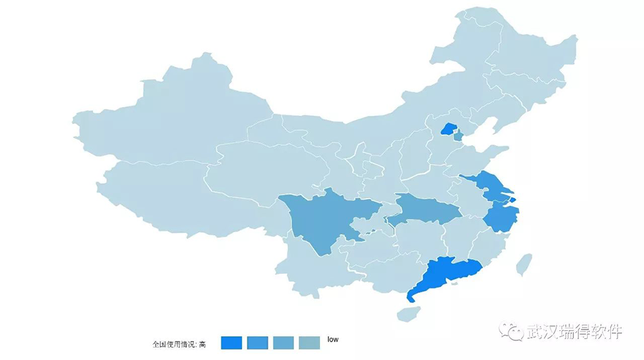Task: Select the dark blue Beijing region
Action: (448, 128)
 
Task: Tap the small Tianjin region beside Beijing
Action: (458, 136)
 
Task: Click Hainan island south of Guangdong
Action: (408, 313)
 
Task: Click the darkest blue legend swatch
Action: (231, 343)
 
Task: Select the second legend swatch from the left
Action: (258, 343)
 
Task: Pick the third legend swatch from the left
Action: (283, 343)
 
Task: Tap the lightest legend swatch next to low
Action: (309, 343)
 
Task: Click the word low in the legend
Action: (333, 339)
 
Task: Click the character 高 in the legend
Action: (202, 344)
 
